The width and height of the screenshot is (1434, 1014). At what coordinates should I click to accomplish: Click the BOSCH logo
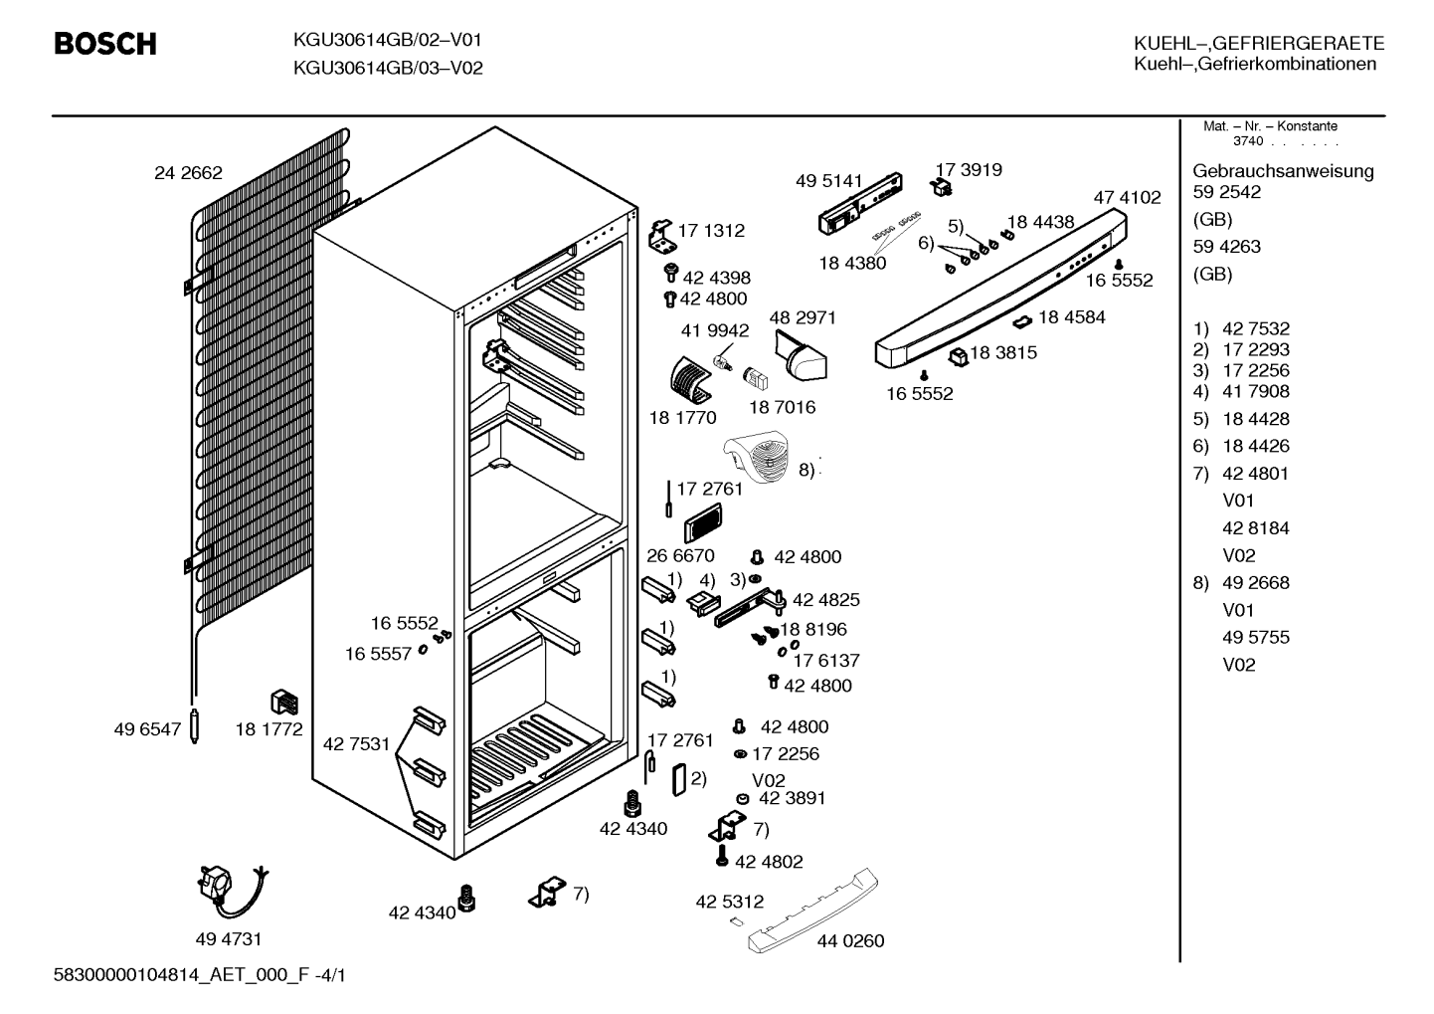105,44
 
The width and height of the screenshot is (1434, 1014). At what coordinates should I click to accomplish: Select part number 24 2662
188,173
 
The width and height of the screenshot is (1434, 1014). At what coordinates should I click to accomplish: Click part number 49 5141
829,181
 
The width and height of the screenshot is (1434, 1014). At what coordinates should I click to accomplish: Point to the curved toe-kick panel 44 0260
813,912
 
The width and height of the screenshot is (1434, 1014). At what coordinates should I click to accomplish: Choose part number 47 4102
1127,197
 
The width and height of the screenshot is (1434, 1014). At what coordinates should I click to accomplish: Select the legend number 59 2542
1226,192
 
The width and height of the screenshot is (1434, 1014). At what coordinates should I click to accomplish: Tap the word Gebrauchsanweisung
1283,172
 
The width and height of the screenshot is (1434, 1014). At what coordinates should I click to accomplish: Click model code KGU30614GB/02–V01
387,41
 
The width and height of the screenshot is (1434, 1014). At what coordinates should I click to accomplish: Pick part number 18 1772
269,729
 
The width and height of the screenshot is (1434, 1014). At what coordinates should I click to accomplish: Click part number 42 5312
730,902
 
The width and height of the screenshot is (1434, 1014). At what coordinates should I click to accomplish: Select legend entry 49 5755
1256,637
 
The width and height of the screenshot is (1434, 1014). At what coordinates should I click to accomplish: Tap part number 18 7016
783,407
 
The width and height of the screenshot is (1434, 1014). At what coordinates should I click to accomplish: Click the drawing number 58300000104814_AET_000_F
182,975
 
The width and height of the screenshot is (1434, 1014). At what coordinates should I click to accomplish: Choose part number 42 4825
826,600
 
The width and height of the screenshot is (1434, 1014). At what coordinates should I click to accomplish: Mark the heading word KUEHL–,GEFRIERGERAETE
1259,44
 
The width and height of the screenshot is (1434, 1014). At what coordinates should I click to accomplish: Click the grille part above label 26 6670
702,522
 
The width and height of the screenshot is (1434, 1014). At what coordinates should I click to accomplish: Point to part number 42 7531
357,744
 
